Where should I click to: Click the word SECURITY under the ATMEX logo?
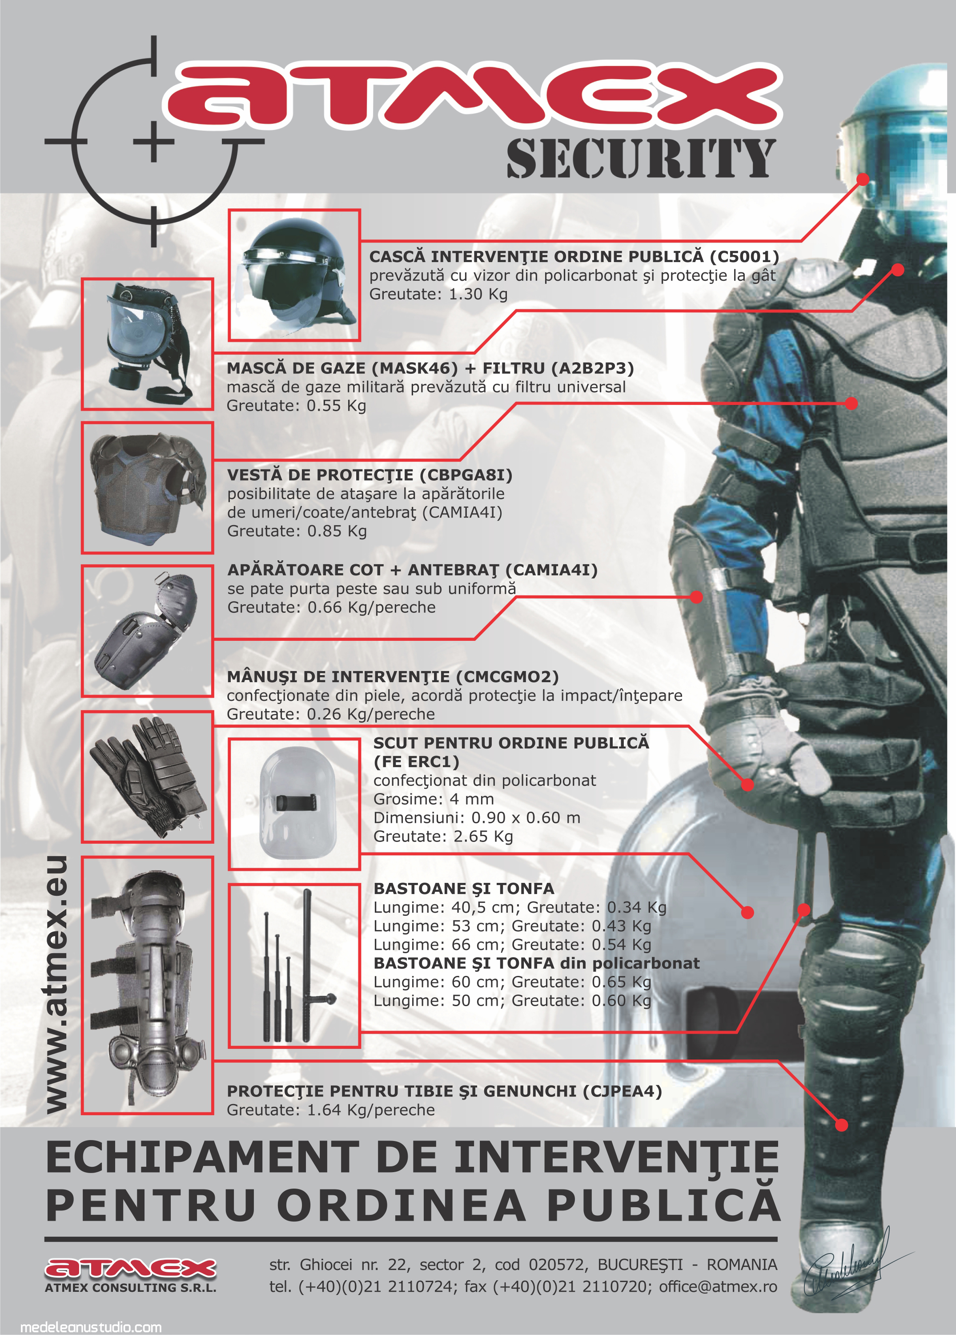click(641, 158)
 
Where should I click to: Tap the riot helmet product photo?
click(294, 275)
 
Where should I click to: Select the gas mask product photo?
click(147, 344)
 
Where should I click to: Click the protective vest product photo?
click(147, 487)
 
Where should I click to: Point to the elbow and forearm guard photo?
click(147, 631)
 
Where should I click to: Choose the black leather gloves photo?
click(147, 777)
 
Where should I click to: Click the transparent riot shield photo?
click(294, 804)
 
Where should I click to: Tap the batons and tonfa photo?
click(294, 965)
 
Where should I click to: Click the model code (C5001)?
click(744, 257)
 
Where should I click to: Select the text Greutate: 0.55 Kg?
click(297, 405)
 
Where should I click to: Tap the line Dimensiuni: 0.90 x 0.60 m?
click(477, 817)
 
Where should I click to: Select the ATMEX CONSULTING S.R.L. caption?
click(131, 1287)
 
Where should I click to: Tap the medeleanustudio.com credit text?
click(91, 1327)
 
